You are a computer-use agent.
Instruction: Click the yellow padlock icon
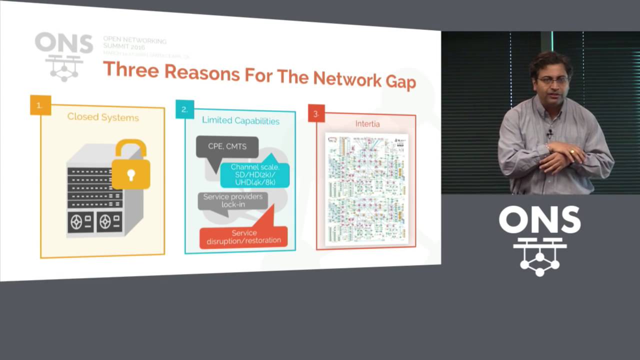[x=131, y=166]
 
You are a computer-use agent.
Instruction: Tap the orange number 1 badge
[x=40, y=105]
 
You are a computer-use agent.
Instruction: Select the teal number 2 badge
[x=184, y=109]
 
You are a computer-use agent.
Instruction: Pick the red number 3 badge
[x=316, y=113]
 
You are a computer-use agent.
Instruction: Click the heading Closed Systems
[x=103, y=117]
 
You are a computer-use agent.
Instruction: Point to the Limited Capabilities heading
[x=240, y=120]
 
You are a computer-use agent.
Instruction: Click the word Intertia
[x=367, y=123]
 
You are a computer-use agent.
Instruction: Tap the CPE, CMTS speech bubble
[x=227, y=147]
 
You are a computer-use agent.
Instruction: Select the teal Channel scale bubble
[x=255, y=174]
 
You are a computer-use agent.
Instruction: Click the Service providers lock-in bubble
[x=232, y=200]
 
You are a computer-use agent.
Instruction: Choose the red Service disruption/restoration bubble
[x=244, y=236]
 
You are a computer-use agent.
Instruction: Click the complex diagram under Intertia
[x=366, y=189]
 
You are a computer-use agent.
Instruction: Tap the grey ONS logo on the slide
[x=64, y=55]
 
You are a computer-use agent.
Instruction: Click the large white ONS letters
[x=539, y=220]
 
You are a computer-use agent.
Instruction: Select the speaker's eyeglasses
[x=552, y=80]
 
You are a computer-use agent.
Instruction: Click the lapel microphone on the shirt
[x=549, y=133]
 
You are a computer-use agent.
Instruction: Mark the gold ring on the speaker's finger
[x=572, y=150]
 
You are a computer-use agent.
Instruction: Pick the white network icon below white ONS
[x=539, y=256]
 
